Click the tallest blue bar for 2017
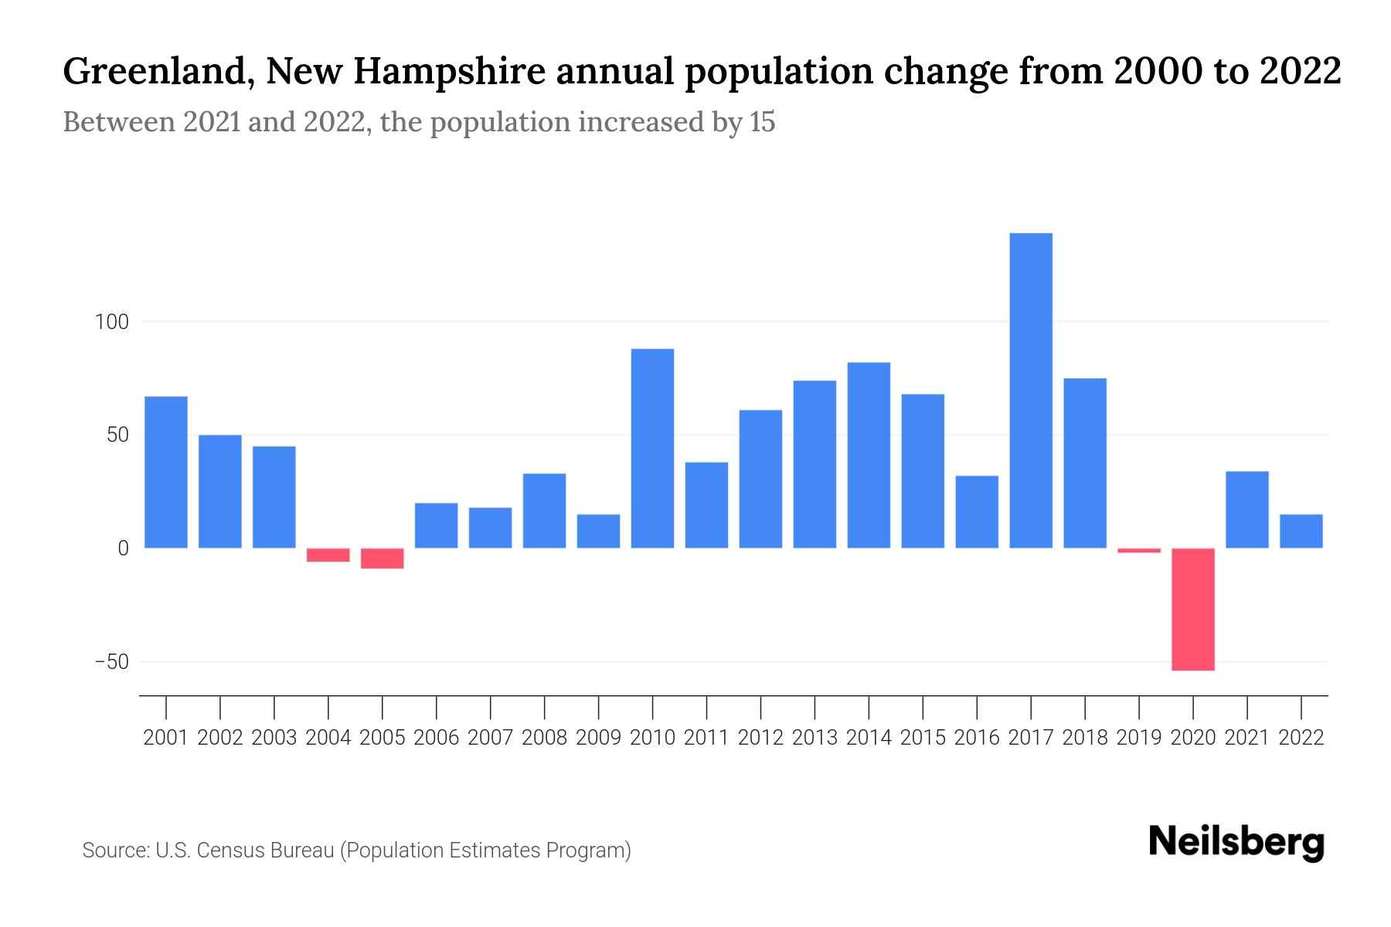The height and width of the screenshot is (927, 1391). [1031, 390]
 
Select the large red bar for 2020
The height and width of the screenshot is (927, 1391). [1193, 609]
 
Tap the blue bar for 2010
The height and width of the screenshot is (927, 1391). [652, 448]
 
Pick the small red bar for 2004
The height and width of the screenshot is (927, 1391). [328, 555]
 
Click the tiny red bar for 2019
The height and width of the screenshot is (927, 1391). [1139, 550]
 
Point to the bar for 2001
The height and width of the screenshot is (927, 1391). [166, 472]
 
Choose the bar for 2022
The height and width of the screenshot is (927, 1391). [1301, 531]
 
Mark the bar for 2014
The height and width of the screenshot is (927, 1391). [869, 455]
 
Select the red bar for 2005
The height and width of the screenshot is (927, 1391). [383, 558]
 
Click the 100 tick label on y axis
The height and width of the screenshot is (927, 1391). [111, 322]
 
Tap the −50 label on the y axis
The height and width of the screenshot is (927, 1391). [111, 662]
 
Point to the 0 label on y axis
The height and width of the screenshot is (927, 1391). [123, 548]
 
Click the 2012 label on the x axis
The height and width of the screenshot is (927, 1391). [760, 738]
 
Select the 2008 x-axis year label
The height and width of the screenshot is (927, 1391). [544, 738]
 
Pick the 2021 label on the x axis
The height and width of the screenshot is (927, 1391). [1247, 738]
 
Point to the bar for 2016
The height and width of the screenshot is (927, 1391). [977, 511]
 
